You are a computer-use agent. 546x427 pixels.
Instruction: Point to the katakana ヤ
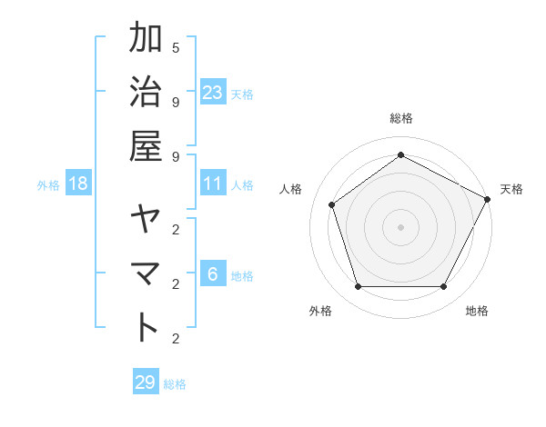point(147,221)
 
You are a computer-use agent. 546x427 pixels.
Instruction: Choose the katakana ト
point(147,326)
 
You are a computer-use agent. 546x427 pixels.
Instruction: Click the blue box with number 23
point(213,92)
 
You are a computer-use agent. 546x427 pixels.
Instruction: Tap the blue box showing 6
point(213,273)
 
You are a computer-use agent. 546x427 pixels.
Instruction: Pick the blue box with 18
point(78,184)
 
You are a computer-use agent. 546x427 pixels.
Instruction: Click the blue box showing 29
point(145,382)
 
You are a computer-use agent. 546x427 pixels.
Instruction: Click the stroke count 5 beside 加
point(176,46)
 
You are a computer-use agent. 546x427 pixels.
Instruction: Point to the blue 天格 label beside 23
point(242,94)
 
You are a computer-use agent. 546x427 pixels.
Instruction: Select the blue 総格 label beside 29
point(175,384)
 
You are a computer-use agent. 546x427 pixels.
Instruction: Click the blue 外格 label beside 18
point(48,185)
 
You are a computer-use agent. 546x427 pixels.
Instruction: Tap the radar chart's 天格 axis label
point(511,189)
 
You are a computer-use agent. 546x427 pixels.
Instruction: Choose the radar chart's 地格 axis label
point(477,311)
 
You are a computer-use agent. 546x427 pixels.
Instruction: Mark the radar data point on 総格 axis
point(400,155)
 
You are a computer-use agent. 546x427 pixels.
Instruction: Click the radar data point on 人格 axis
point(332,204)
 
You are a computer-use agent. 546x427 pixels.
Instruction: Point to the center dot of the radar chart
point(400,226)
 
